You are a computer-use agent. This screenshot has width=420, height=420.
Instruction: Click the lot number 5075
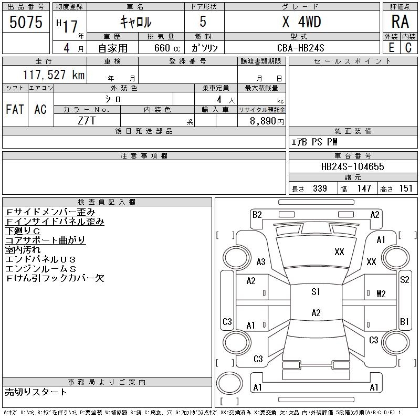click(26, 22)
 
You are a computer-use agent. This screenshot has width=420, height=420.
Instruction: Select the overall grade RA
click(400, 22)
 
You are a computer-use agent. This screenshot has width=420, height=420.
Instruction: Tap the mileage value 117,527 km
click(54, 75)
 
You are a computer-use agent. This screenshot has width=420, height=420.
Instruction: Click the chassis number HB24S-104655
click(352, 166)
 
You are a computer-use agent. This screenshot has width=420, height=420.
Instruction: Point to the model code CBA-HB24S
click(300, 48)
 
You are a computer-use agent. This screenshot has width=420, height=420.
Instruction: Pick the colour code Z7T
click(87, 121)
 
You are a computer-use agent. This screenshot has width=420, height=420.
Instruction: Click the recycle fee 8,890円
click(267, 121)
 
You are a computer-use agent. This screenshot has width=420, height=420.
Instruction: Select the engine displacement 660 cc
click(167, 48)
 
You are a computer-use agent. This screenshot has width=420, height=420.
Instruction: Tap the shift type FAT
click(15, 109)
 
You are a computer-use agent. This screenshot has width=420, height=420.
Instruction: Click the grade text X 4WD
click(301, 22)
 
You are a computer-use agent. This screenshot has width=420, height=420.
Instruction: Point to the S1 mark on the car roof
click(316, 291)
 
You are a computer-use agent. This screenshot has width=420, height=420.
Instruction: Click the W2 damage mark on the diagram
click(381, 294)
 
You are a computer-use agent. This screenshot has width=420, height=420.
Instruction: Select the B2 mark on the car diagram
click(257, 215)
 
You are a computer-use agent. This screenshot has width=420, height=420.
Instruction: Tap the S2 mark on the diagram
click(404, 280)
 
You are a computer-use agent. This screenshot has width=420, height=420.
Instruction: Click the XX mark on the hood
click(339, 252)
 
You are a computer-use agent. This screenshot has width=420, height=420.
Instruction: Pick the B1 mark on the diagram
click(404, 321)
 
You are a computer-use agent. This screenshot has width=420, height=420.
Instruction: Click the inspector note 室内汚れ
click(23, 250)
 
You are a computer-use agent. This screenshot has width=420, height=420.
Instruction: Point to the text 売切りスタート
click(36, 392)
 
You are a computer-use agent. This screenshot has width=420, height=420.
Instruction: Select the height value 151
click(406, 188)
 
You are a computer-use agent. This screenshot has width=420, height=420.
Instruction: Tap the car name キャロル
click(136, 22)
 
